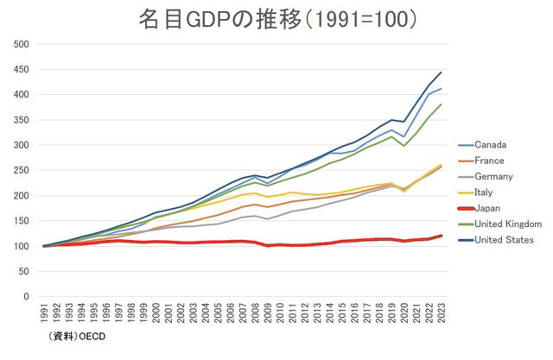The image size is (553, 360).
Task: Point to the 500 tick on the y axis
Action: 22,44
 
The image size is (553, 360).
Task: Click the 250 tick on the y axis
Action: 22,171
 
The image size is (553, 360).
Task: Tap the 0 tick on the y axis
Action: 27,297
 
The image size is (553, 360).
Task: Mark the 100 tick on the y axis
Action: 22,247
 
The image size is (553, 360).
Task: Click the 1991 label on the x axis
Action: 45,317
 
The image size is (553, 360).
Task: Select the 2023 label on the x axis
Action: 442,317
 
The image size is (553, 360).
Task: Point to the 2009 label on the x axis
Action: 269,317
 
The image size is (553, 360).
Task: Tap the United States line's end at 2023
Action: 442,73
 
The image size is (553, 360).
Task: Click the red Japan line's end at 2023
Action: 442,236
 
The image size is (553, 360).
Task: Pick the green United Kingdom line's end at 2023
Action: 442,104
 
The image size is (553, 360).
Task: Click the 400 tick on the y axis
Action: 22,95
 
